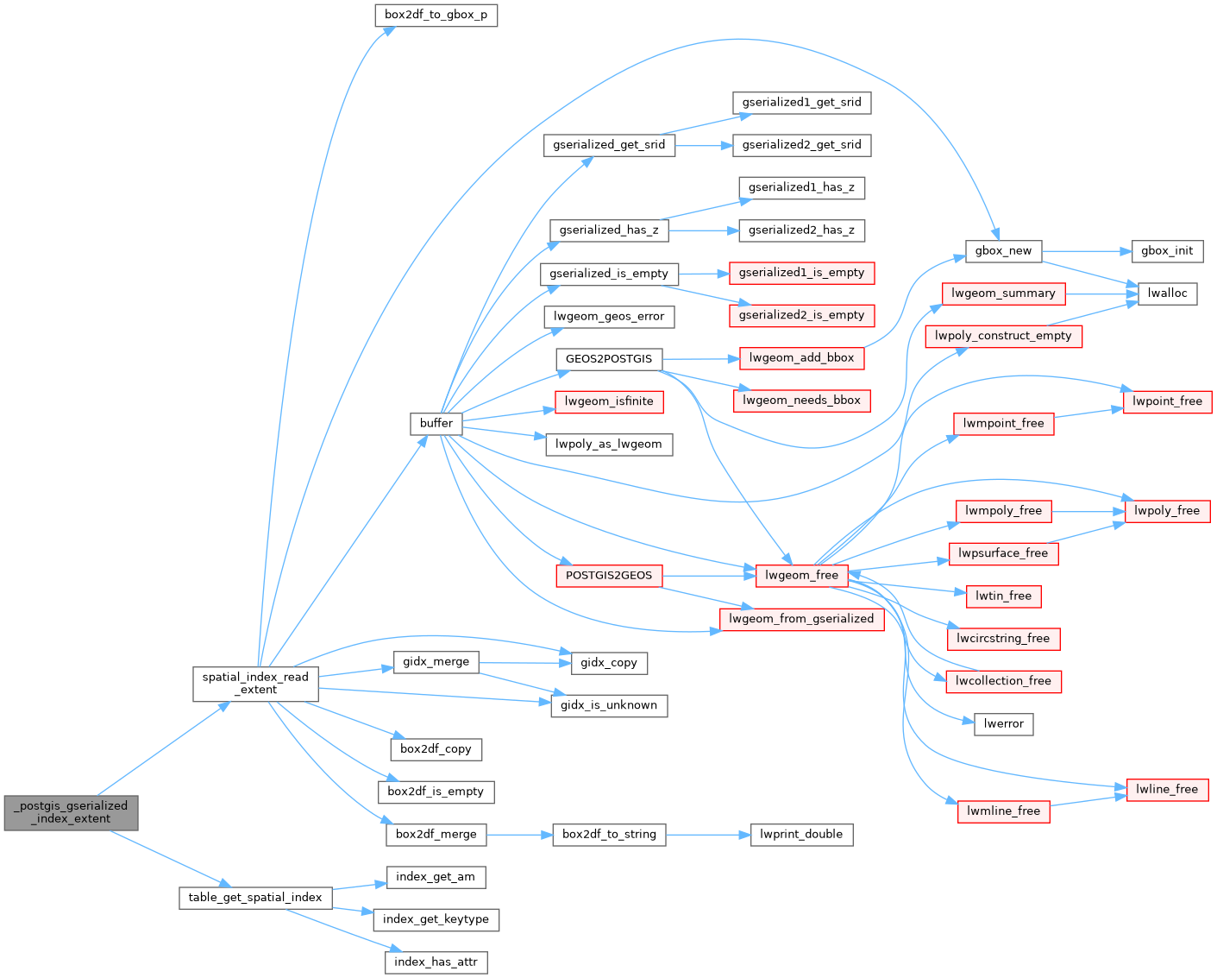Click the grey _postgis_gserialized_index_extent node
(71, 812)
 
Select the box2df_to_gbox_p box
(436, 16)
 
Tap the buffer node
(436, 423)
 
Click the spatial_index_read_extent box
(255, 684)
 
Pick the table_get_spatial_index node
(255, 898)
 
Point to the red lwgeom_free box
(802, 575)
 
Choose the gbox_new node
(1003, 251)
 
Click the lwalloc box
(1167, 293)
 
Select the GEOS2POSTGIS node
(609, 358)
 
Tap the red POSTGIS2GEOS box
(609, 575)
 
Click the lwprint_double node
(801, 835)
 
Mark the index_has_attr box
(436, 962)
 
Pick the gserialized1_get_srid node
(801, 103)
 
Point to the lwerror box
(1003, 724)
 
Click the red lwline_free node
(1167, 789)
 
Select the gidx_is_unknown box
(609, 705)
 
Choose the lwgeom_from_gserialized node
(801, 619)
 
